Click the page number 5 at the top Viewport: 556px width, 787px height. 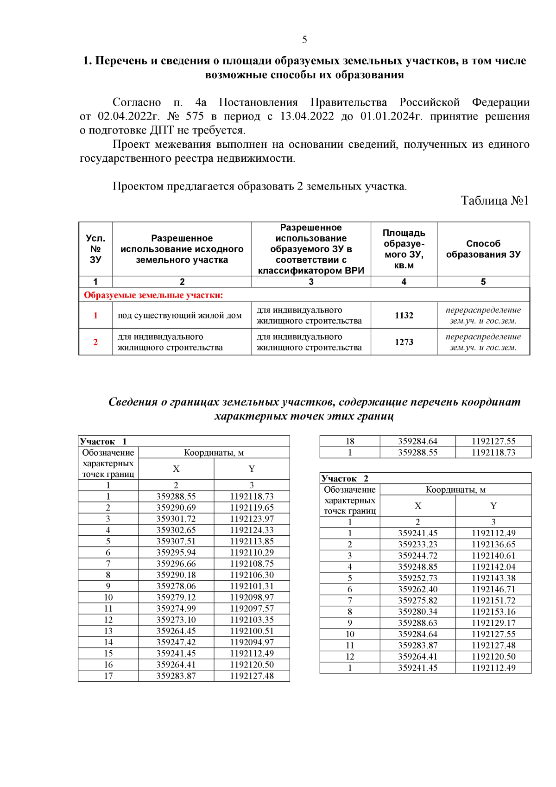(x=304, y=39)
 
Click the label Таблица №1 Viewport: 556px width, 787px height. (x=494, y=201)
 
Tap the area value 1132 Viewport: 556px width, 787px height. (x=404, y=315)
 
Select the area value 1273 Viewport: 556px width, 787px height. (x=404, y=342)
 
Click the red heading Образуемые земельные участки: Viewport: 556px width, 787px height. (x=153, y=295)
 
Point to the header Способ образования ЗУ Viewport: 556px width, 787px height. (x=483, y=249)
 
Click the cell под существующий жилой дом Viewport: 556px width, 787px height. (x=180, y=316)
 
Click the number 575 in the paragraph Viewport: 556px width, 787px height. (x=195, y=116)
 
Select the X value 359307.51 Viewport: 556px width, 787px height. (x=176, y=541)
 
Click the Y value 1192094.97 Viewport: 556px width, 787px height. (x=252, y=642)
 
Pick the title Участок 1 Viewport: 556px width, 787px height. (x=103, y=441)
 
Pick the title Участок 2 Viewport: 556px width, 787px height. (x=345, y=478)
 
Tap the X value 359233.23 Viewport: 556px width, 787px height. (x=417, y=545)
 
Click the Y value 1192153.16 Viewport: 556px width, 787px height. (x=493, y=612)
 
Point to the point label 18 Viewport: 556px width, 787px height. (x=350, y=441)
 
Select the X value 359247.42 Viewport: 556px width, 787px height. (x=176, y=642)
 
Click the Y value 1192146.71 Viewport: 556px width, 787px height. (x=493, y=590)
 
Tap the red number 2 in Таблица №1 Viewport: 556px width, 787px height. (x=95, y=342)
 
